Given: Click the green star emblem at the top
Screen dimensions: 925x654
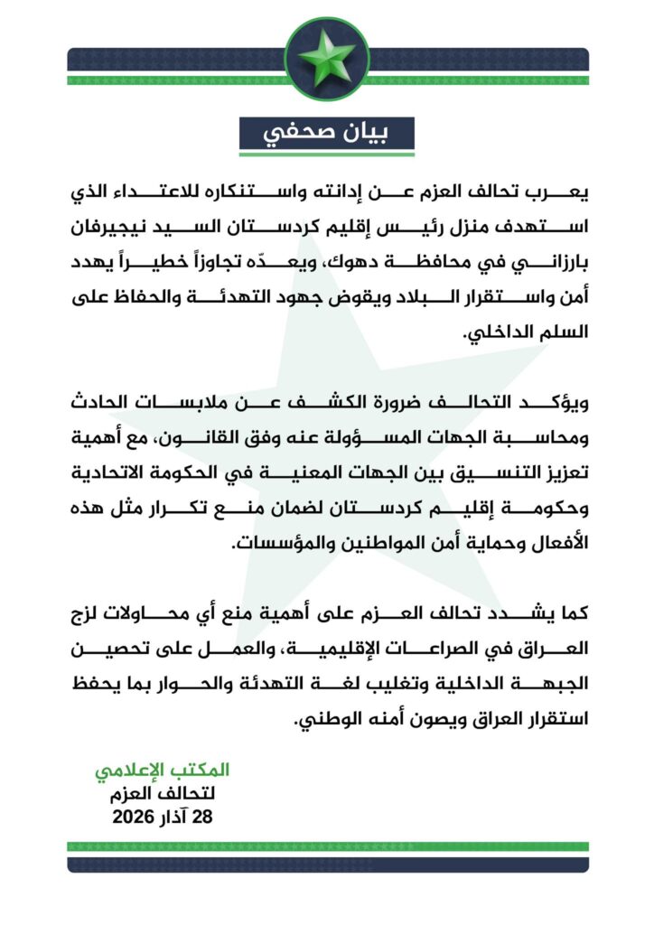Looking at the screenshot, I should tap(327, 59).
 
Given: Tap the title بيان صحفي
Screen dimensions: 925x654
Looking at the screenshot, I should tap(326, 133).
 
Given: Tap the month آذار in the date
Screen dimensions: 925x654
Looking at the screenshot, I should tap(177, 818).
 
